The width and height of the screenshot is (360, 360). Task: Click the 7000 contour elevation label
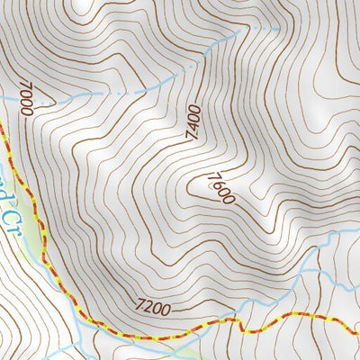click(x=25, y=99)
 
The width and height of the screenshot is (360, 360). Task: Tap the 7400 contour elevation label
click(x=193, y=123)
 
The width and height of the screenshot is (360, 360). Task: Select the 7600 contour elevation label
click(x=219, y=188)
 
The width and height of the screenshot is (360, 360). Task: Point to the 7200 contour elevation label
click(x=154, y=309)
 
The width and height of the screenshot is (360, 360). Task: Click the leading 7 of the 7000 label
click(x=21, y=86)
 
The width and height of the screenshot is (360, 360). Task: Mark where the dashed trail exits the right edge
click(x=358, y=320)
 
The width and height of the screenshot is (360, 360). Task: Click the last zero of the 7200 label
click(x=166, y=310)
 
